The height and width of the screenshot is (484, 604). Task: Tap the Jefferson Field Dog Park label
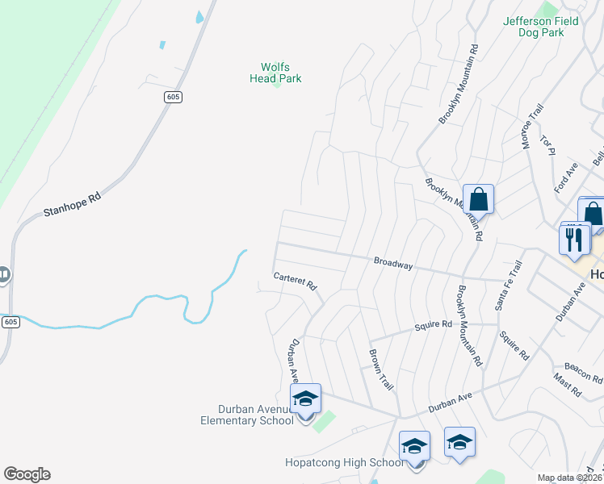point(541,27)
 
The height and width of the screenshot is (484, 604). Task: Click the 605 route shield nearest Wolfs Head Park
point(173,97)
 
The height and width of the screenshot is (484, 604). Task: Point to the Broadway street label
point(393,264)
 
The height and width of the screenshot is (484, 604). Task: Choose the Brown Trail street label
point(381,370)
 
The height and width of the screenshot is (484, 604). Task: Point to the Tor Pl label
point(549,145)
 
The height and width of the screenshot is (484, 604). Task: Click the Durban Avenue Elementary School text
point(247,415)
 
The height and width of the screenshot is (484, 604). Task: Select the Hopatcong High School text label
point(344,462)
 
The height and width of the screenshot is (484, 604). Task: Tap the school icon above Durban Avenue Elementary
point(305,399)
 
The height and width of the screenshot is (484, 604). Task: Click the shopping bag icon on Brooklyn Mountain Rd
point(478,199)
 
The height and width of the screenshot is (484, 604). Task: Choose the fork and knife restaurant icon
point(575,239)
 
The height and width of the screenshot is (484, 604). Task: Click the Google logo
point(27,474)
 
